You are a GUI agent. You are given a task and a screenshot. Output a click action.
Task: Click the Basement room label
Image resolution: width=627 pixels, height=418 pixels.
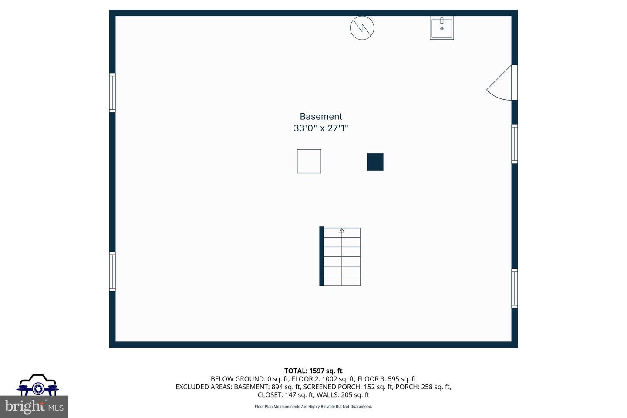coord(321,116)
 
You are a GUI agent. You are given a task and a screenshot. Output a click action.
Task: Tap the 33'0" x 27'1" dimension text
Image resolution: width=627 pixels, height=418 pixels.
coord(321,128)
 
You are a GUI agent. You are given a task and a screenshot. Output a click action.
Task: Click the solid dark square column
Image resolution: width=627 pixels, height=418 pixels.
coord(375,162)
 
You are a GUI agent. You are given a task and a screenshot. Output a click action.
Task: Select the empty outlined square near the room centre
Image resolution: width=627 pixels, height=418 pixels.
coord(309,161)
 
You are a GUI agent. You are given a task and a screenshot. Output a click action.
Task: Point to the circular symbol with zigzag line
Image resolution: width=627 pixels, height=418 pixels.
coord(362,28)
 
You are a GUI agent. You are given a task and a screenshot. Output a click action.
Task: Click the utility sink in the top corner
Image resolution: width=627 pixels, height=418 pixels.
coord(442,28)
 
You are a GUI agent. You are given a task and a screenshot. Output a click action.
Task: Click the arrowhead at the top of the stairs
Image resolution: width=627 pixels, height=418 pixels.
coord(342,230)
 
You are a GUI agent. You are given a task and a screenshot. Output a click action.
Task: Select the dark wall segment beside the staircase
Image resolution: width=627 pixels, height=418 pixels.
coord(322,256)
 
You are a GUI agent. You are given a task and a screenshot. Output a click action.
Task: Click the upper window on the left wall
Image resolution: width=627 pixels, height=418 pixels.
coord(112,93)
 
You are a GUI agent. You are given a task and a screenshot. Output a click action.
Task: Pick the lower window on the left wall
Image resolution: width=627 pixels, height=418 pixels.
coord(112,271)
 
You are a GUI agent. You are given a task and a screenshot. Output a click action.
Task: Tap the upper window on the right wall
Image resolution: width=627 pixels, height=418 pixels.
coord(515,144)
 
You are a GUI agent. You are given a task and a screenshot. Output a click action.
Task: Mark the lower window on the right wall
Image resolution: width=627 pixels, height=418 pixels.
coord(515,288)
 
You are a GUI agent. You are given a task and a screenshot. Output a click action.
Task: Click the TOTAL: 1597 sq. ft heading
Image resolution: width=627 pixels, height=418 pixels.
coord(313,371)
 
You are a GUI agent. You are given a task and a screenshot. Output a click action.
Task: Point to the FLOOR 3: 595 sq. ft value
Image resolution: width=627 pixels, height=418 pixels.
coord(387,379)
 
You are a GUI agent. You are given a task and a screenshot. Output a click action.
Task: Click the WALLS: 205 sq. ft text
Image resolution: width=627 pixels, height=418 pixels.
coord(345,395)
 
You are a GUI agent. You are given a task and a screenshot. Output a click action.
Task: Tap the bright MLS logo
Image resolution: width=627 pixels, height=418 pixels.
coord(34,407)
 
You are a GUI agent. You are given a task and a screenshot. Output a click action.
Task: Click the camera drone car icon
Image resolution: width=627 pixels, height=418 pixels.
coord(38,385)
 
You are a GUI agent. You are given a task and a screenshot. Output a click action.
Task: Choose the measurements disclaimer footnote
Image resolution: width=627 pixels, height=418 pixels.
coord(313,407)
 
